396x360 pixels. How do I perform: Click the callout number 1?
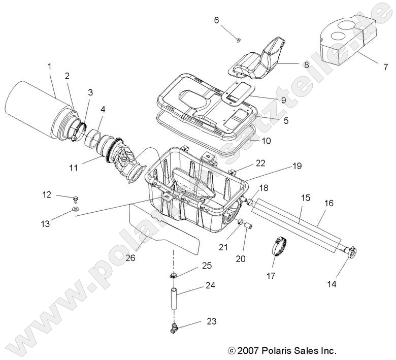click(50, 66)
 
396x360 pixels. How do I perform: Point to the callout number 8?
click(306, 64)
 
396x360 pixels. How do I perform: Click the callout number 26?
click(130, 257)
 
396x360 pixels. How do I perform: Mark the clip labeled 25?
click(174, 275)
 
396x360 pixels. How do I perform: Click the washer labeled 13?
click(76, 209)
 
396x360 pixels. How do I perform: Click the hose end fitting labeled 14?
click(349, 250)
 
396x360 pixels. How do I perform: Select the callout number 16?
click(328, 203)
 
